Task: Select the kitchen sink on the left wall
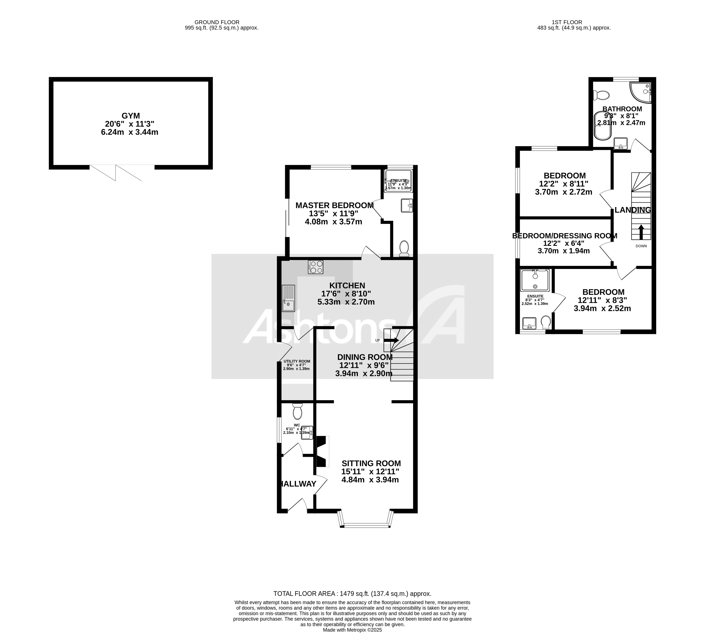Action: tap(288, 298)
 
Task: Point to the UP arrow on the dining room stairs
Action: tap(394, 340)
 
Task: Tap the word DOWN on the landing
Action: tap(641, 246)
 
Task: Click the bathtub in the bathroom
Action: tap(601, 125)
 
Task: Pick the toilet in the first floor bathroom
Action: tap(602, 95)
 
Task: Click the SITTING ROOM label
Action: tap(371, 463)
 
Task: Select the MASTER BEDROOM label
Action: tap(334, 205)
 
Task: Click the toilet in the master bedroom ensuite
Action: tap(404, 248)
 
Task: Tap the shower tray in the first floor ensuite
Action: tap(535, 280)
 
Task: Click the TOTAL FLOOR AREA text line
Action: tap(352, 594)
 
